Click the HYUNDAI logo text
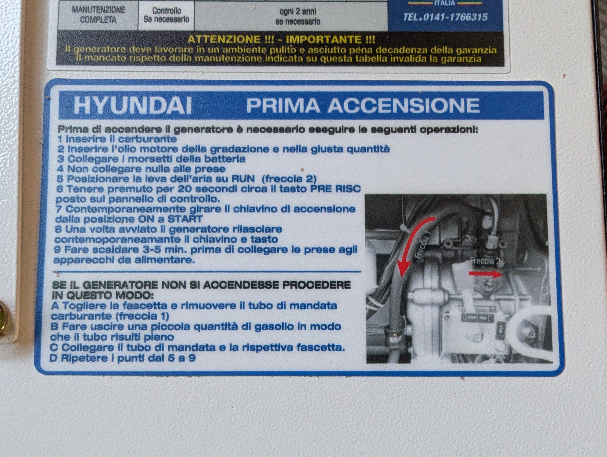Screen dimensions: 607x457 point(133,105)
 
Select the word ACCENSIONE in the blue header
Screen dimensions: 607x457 point(404,105)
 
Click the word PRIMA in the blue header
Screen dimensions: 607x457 point(283,105)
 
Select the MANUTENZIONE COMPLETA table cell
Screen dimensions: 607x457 point(98,15)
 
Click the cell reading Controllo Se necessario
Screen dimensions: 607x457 point(166,15)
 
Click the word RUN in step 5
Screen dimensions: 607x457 point(243,179)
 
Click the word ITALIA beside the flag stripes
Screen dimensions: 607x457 point(445,3)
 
